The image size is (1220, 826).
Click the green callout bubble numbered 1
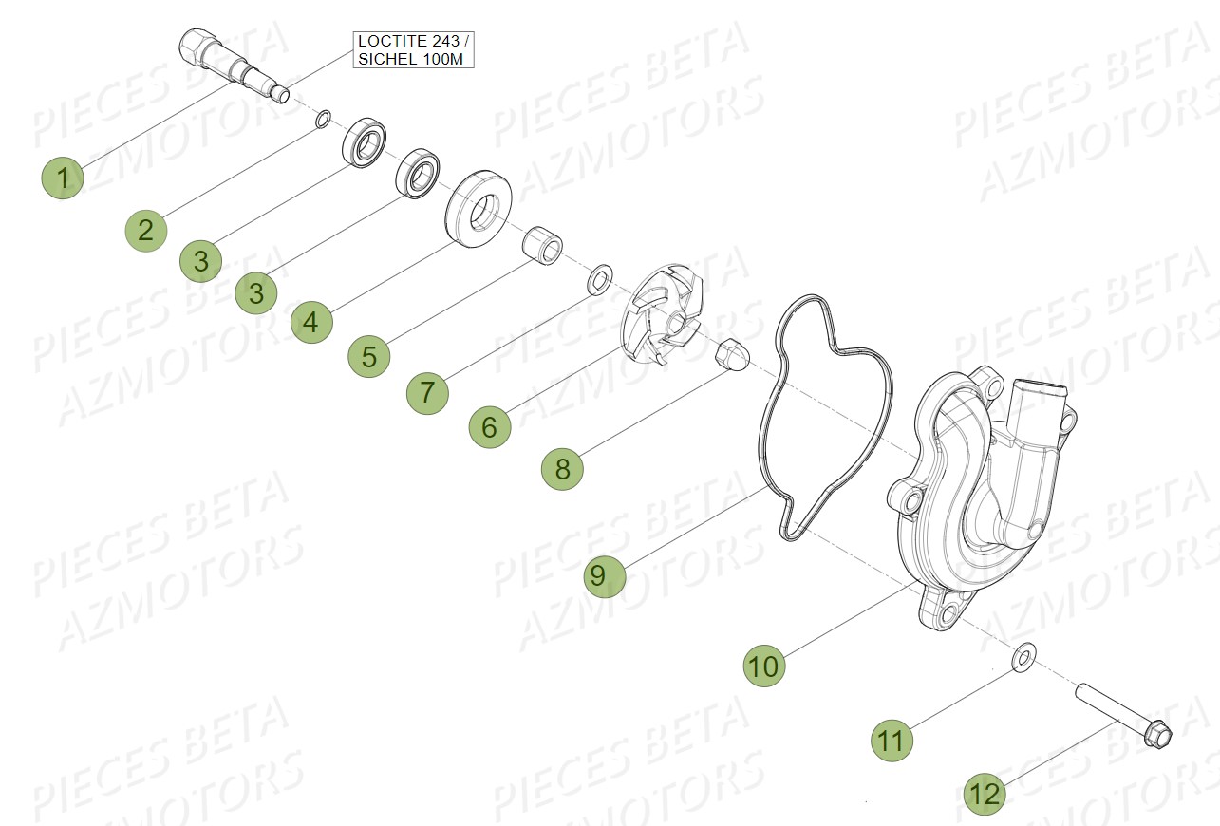63,178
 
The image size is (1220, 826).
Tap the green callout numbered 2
145,230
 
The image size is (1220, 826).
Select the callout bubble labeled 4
311,323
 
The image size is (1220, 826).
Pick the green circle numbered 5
368,357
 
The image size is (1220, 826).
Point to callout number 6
489,427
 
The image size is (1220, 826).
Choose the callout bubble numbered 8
562,469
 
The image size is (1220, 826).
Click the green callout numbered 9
605,575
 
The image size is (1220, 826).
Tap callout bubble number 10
763,666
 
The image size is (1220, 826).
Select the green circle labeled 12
985,794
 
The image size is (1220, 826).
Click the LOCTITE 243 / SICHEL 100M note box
413,49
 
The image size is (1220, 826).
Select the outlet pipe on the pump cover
1030,418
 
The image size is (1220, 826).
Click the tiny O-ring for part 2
324,120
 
